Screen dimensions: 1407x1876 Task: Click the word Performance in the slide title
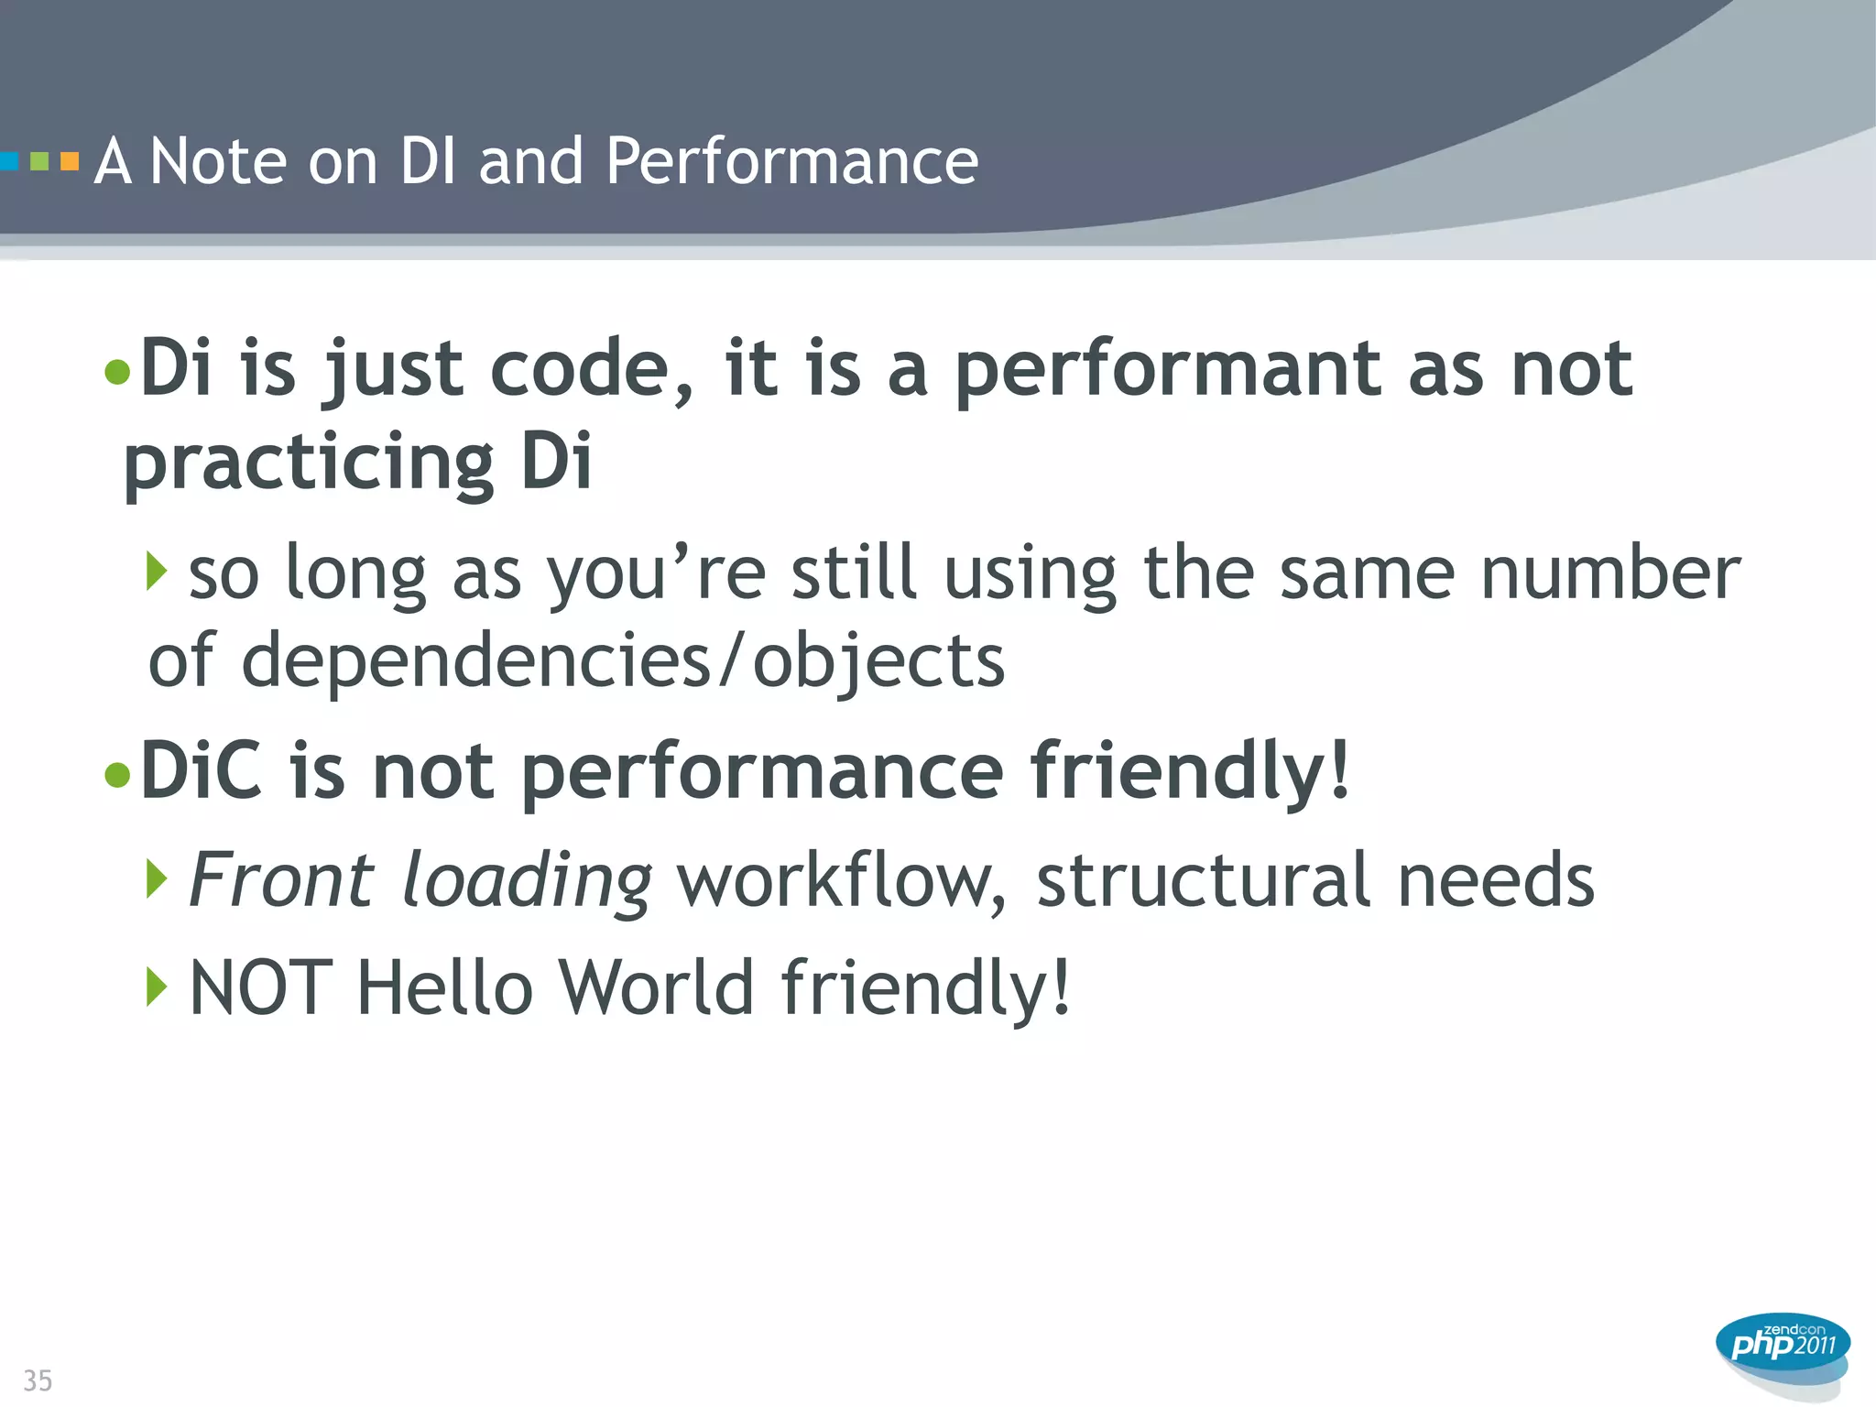(x=791, y=162)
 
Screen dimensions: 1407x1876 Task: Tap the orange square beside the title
(x=70, y=162)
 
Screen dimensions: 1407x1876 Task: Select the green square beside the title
(x=39, y=162)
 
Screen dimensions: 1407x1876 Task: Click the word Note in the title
(x=218, y=162)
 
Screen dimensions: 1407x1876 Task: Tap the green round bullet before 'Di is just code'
(x=117, y=372)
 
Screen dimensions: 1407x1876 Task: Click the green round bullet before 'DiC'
(x=117, y=775)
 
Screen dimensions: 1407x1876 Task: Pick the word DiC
(x=202, y=771)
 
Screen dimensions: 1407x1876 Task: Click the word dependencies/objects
(x=623, y=661)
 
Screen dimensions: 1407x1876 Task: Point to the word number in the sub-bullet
(x=1610, y=573)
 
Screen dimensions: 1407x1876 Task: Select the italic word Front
(x=282, y=880)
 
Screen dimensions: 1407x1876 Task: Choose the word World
(x=657, y=987)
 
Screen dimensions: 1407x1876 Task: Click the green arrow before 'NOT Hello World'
(x=157, y=987)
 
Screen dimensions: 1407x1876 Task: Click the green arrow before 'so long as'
(x=157, y=572)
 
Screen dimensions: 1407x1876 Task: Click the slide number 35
(x=38, y=1380)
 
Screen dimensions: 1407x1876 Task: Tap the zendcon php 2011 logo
(x=1783, y=1347)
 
